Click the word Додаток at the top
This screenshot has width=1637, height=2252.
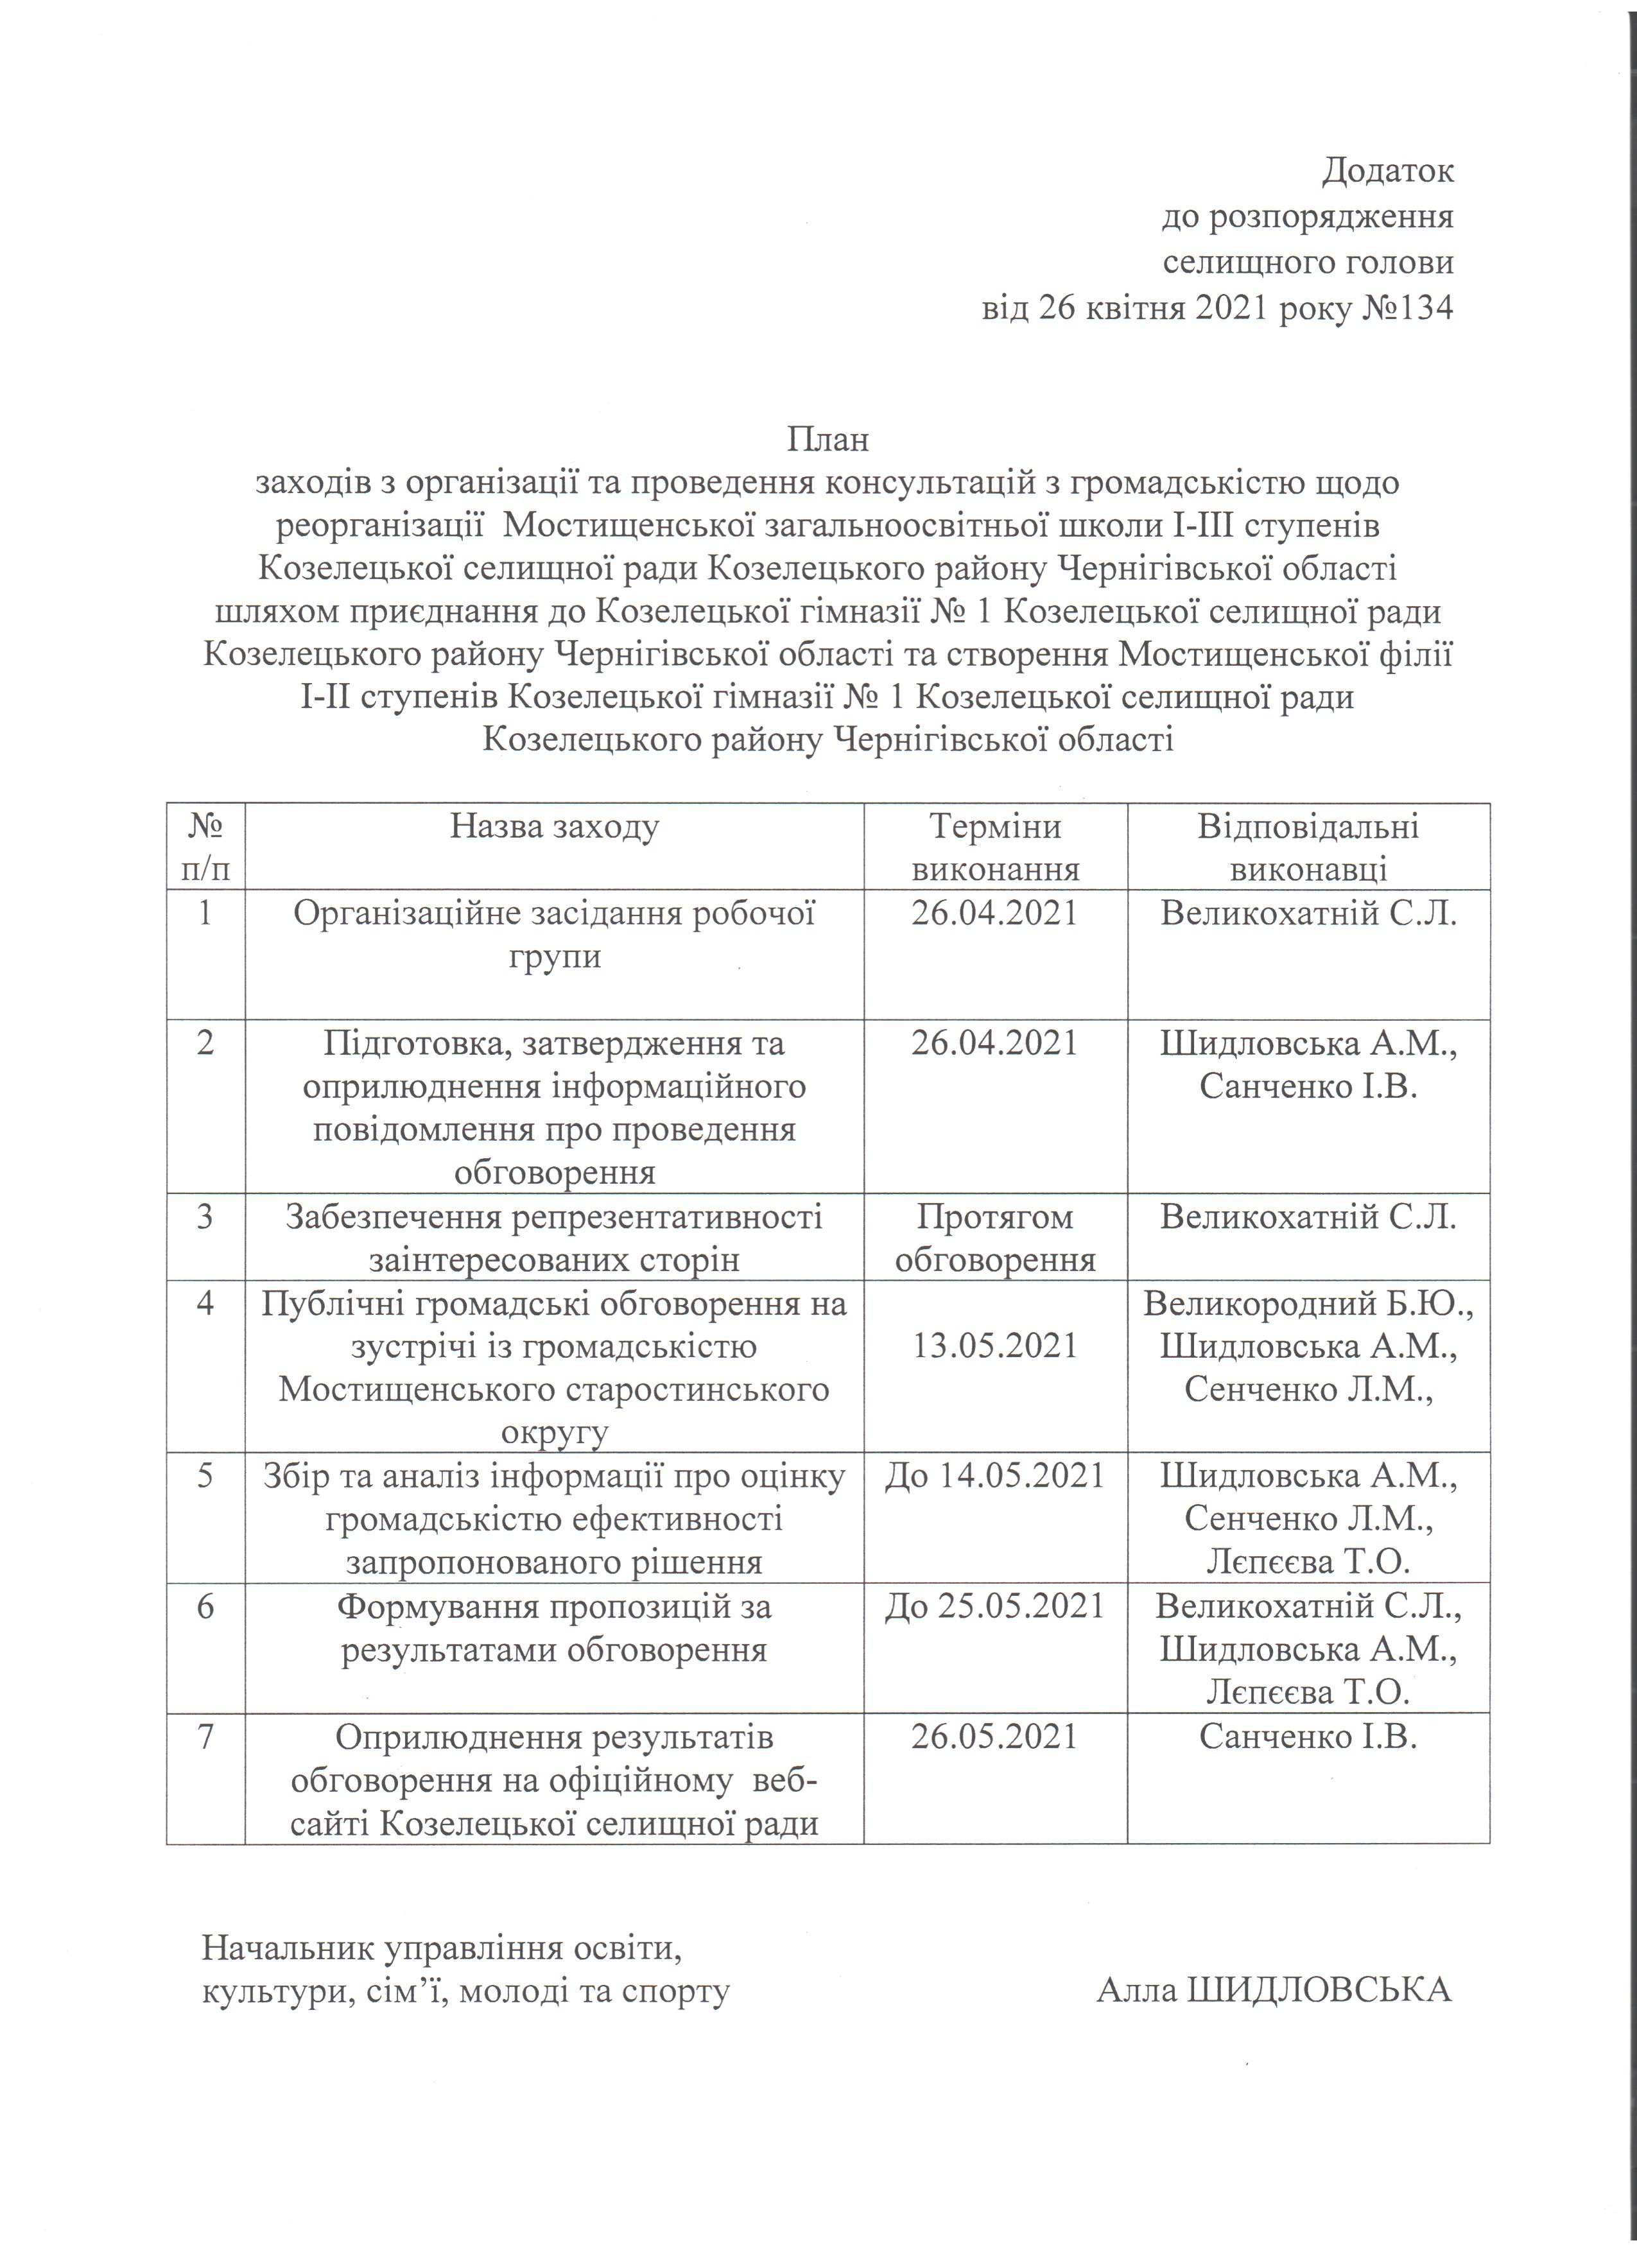coord(1388,171)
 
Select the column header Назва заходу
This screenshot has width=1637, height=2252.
coord(554,827)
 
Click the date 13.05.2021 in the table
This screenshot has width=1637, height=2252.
coord(994,1346)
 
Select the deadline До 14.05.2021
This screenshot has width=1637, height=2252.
coord(994,1475)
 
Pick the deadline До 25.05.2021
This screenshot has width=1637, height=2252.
coord(994,1606)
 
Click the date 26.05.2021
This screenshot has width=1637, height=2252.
coord(994,1736)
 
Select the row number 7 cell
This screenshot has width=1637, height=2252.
coord(205,1736)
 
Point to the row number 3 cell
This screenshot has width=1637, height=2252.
coord(205,1217)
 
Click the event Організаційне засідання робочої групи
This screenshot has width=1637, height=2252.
coord(554,934)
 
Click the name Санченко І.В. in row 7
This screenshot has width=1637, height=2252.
coord(1308,1736)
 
